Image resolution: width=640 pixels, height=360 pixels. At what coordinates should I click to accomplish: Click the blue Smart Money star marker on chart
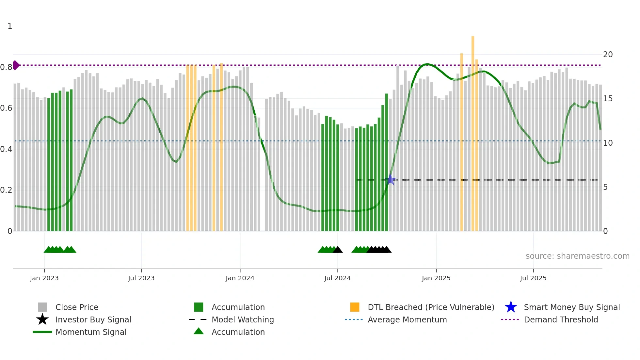point(390,180)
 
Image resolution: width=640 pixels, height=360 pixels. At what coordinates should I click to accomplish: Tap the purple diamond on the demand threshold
point(16,65)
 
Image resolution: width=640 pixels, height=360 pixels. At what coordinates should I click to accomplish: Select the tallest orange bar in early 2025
point(473,131)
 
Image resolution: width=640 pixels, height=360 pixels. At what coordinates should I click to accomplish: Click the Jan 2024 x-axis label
point(240,278)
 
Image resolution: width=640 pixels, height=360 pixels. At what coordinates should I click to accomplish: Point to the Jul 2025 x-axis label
point(533,278)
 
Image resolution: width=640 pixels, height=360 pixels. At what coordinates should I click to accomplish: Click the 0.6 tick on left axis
point(6,108)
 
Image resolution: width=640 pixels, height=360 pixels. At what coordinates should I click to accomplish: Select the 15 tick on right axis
point(608,99)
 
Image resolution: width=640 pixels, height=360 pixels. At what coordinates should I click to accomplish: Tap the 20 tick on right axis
point(608,55)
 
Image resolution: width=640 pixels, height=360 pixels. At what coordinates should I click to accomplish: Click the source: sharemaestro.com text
point(577,256)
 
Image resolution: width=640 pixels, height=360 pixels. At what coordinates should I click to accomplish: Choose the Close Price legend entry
point(76,307)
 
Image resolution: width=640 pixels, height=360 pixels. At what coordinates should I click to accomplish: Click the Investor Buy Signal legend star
point(42,319)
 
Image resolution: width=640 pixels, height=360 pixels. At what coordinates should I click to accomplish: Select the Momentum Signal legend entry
point(91,332)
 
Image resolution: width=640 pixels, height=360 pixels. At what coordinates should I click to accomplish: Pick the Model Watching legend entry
point(242,319)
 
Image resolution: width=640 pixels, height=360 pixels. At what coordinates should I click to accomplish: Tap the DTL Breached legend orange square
point(355,307)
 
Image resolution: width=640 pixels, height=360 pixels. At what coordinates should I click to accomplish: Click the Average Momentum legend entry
point(407,319)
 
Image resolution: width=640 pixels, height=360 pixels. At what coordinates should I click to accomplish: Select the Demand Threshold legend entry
point(561,319)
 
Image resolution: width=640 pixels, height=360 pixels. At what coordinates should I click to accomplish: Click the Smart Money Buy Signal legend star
point(511,307)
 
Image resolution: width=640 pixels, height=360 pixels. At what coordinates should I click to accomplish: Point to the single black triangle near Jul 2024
point(338,250)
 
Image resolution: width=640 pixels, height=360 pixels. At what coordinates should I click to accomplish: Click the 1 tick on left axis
point(10,26)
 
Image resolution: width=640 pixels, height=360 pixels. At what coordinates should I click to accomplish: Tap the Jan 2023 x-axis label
point(44,278)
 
